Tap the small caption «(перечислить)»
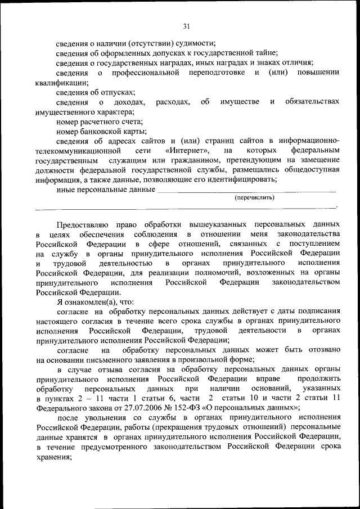(x=255, y=197)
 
